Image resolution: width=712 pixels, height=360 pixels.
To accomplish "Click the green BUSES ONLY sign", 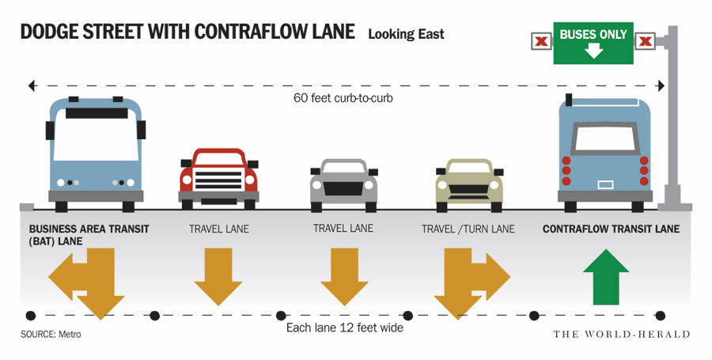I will tap(593, 44).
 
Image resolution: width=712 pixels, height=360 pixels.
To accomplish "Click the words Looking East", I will tap(406, 34).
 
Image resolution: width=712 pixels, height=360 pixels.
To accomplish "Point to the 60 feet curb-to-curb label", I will tap(345, 98).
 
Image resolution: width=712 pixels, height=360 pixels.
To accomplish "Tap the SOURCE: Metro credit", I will tap(51, 334).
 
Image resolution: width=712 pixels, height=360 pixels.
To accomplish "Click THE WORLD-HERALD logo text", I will tap(621, 334).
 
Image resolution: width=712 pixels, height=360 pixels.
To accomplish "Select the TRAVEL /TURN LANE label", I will tap(468, 229).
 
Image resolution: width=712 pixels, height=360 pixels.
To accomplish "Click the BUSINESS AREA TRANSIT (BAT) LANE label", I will tap(89, 235).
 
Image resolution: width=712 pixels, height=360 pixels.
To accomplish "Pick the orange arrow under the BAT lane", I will tap(89, 282).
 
